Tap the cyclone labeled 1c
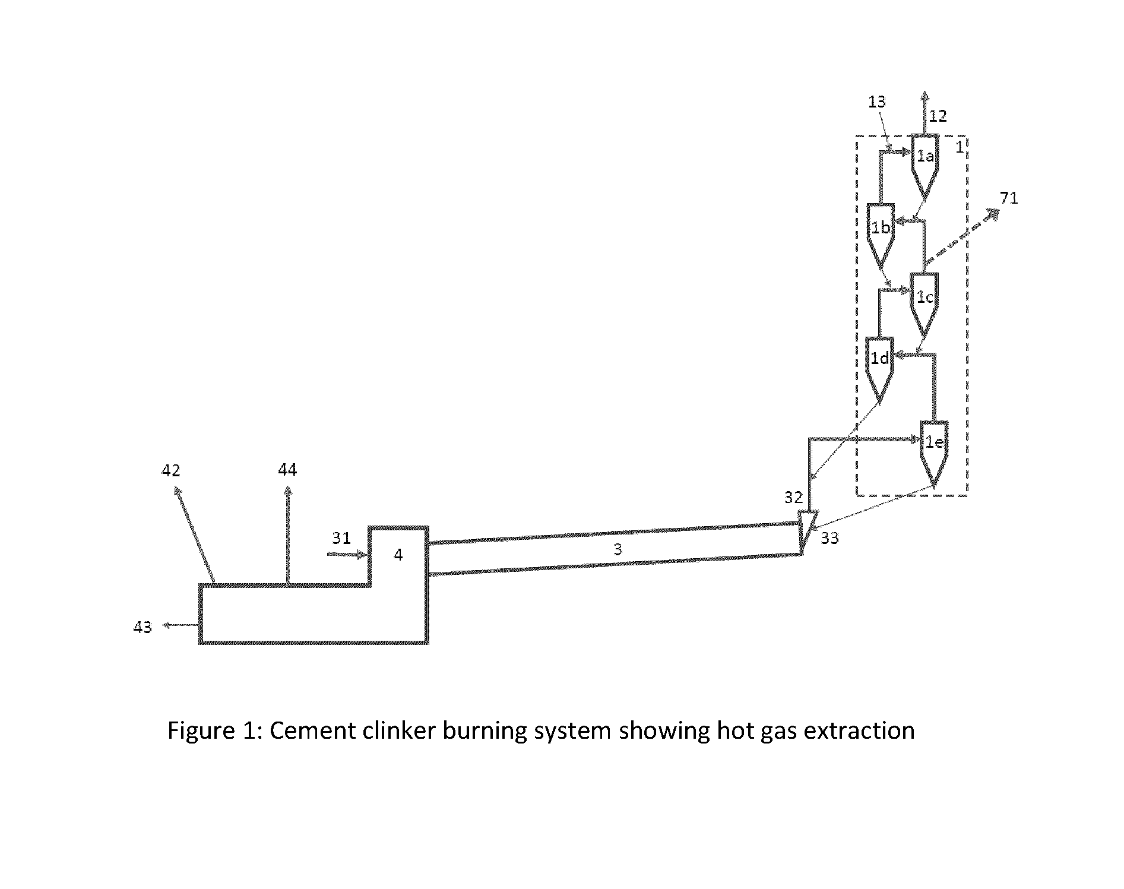click(x=924, y=305)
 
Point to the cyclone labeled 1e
click(x=934, y=454)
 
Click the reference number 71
click(x=1009, y=198)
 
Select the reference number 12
click(x=938, y=116)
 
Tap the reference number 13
click(x=876, y=102)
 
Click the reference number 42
click(x=171, y=470)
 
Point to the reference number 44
click(x=287, y=470)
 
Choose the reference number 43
click(x=143, y=627)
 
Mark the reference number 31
click(x=341, y=538)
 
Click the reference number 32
click(x=793, y=497)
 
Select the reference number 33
click(x=829, y=538)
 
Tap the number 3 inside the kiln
click(x=618, y=550)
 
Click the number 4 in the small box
click(x=398, y=555)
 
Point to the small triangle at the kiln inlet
click(x=807, y=527)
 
